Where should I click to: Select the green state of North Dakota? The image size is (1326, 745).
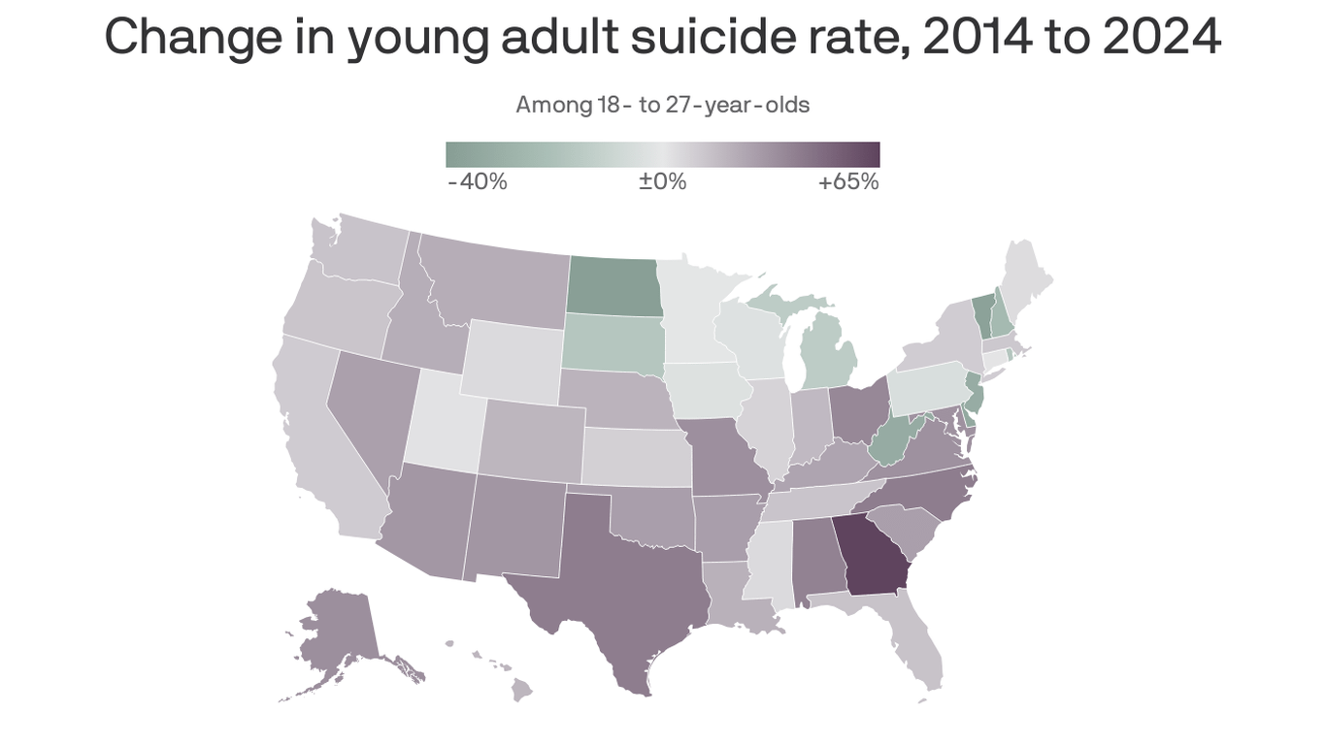tap(613, 285)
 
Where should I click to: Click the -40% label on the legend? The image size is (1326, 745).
tap(478, 181)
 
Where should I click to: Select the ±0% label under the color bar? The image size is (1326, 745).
tap(663, 181)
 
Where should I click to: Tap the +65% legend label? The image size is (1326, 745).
tap(848, 181)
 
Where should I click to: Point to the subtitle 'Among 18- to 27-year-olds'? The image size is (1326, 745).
tap(662, 105)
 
